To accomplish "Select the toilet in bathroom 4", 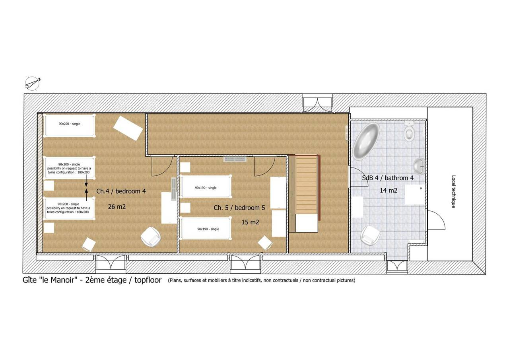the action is coord(409,131).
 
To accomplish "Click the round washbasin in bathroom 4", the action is coord(419,166).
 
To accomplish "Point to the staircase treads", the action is coord(306,185).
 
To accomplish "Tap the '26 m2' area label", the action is coord(117,206).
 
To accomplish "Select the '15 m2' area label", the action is coord(250,222).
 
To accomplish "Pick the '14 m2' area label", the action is coord(389,190).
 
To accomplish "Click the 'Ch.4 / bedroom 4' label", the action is coord(121,191).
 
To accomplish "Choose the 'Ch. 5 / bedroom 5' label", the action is coord(239,208).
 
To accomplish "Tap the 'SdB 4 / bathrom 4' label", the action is coord(388,178).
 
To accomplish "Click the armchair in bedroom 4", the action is coord(151,237).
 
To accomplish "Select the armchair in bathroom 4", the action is coord(371,235).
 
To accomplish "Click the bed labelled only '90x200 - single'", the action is coord(69,125).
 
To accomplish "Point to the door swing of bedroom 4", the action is coord(162,166).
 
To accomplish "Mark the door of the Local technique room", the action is coord(436,220).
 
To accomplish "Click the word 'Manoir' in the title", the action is coord(62,280).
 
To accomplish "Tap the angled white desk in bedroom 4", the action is coord(128,128).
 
